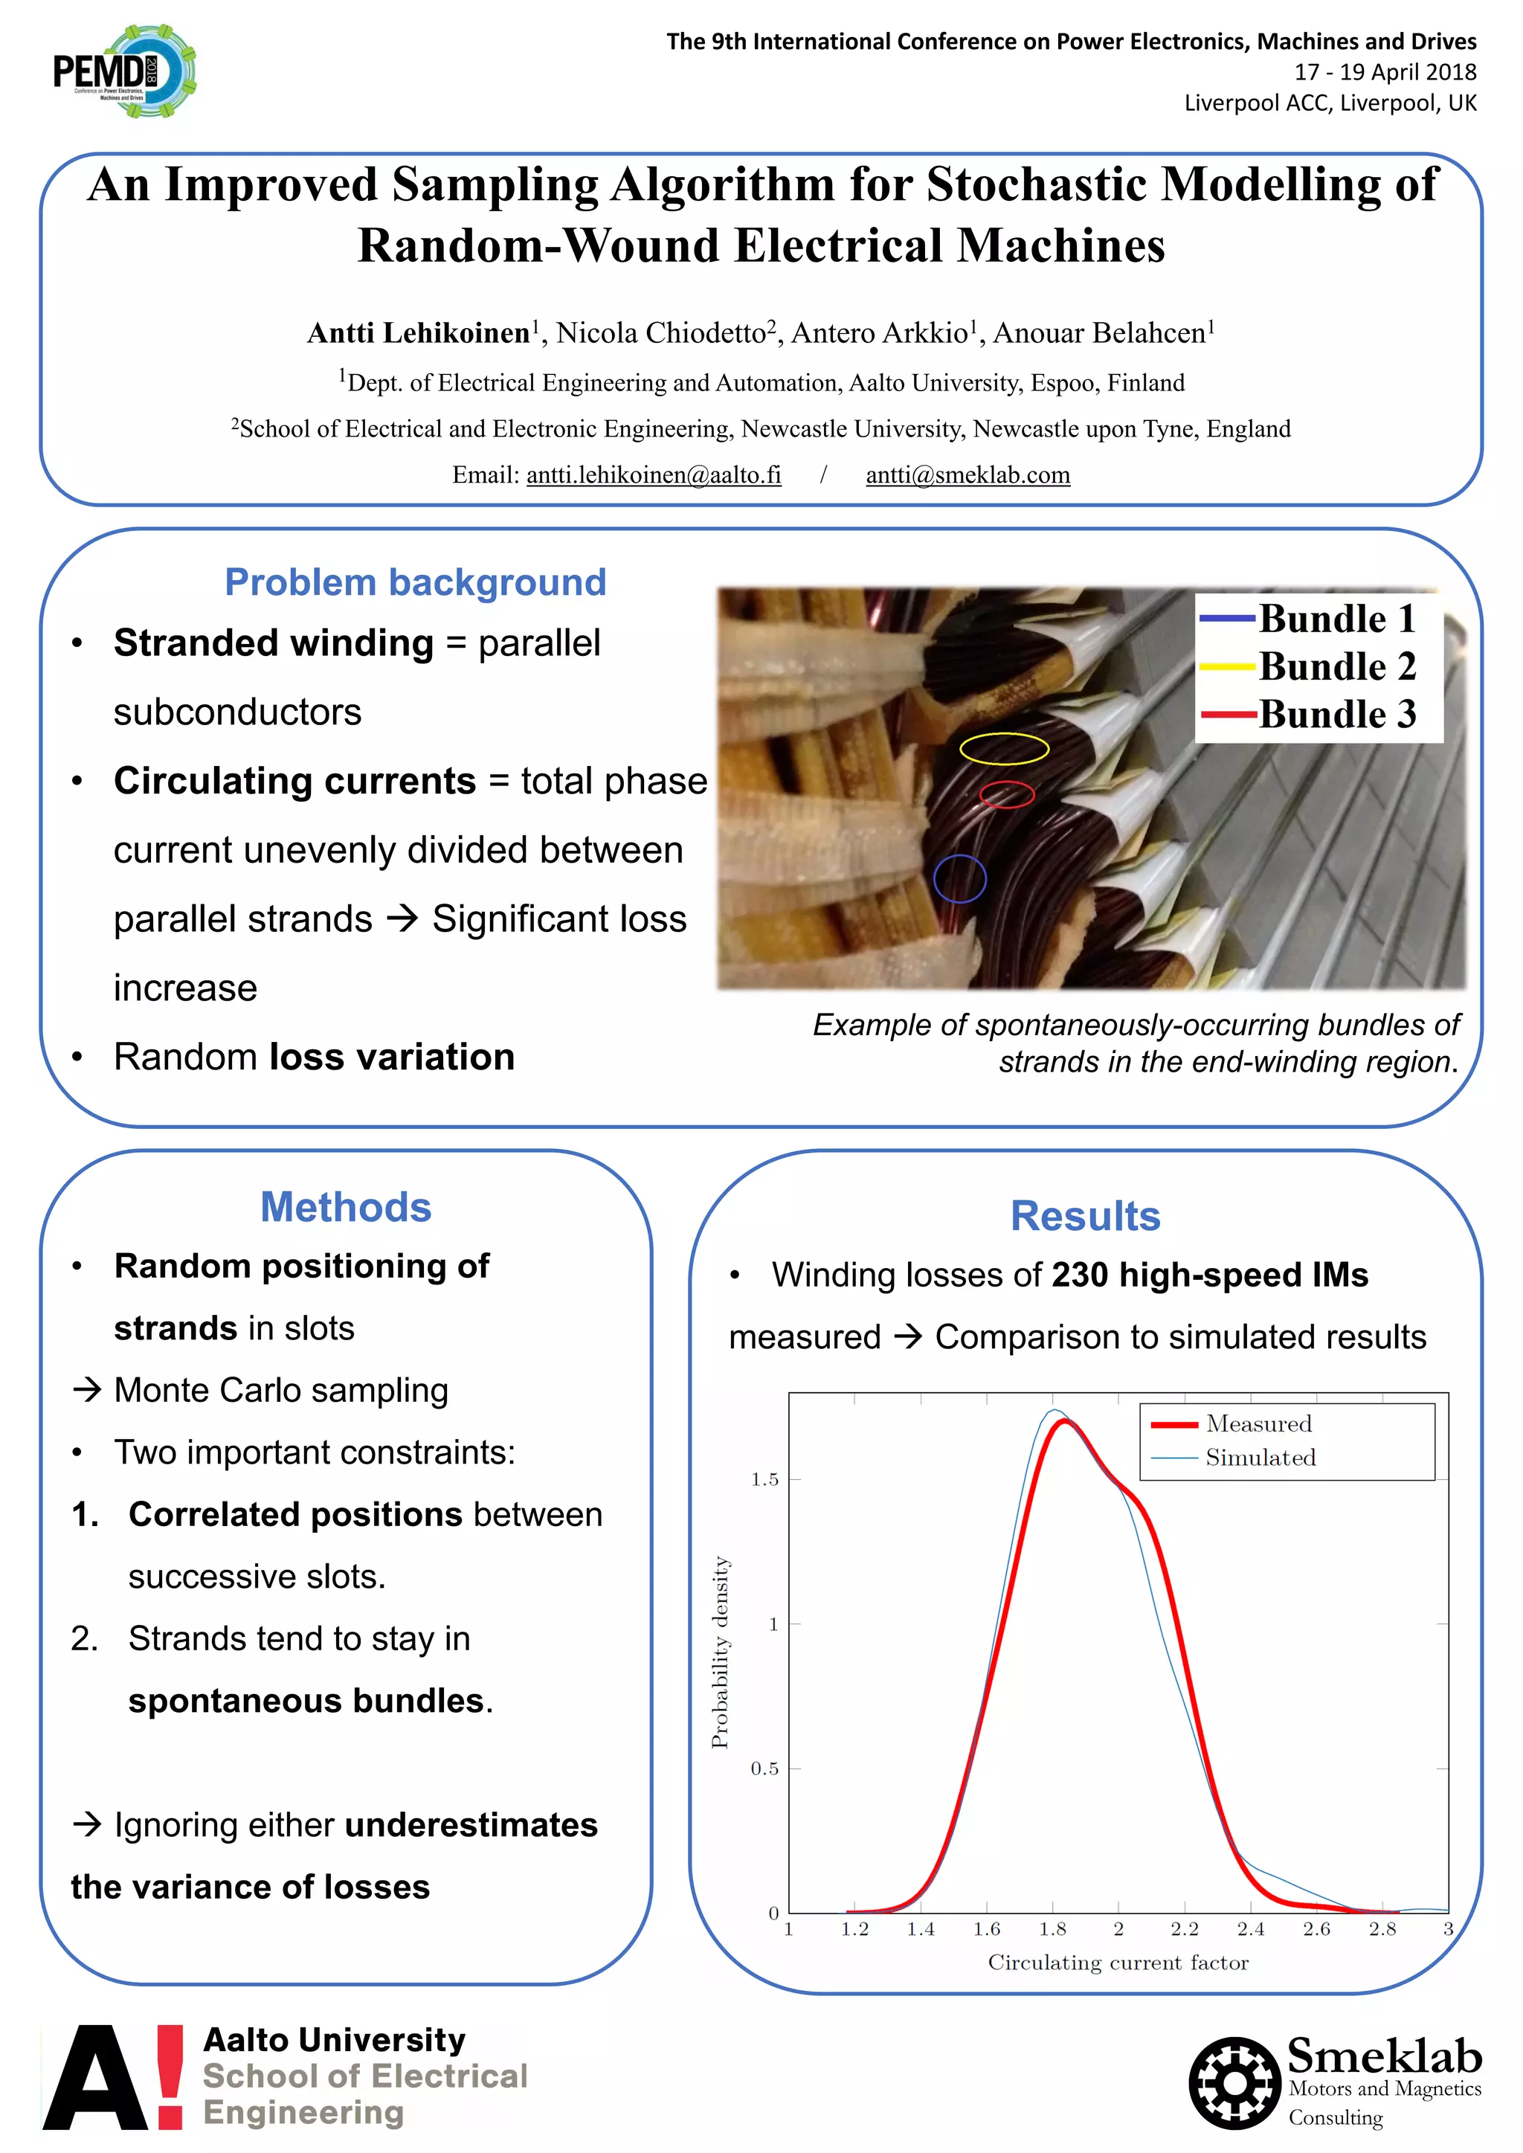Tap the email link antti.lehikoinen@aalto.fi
coord(654,474)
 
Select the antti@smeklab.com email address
coord(967,474)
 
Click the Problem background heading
coord(416,582)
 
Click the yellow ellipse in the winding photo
coord(1003,748)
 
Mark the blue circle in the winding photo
coord(960,878)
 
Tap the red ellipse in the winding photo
coord(1006,794)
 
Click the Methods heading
coord(346,1207)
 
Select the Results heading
coord(1085,1216)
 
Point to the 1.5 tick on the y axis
coord(764,1480)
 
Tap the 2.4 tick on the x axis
coord(1250,1929)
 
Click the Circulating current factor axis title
coord(1118,1963)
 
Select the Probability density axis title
coord(719,1652)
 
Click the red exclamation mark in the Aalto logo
coord(170,2076)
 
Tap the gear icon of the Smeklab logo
coord(1234,2082)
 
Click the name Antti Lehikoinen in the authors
coord(418,333)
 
